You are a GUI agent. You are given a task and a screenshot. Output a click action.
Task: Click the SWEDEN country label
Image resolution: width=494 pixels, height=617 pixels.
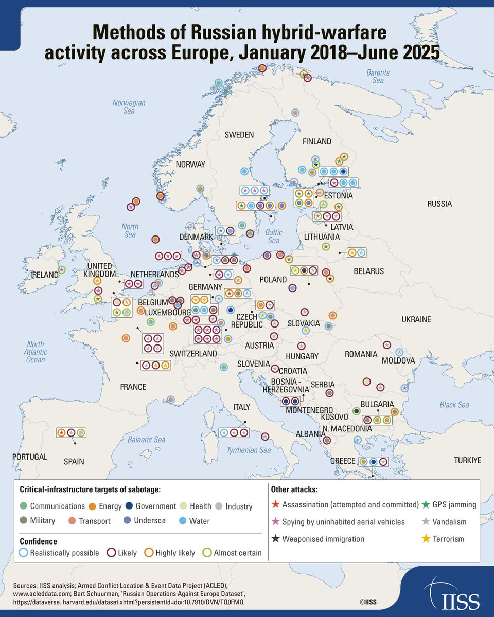tap(239, 135)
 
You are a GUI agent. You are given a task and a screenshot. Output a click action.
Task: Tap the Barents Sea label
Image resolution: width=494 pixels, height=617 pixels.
tap(378, 77)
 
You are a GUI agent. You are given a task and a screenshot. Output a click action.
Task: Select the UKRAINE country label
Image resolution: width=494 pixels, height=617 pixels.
tap(415, 319)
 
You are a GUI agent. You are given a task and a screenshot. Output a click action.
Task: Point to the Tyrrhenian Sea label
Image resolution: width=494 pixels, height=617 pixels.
tap(249, 450)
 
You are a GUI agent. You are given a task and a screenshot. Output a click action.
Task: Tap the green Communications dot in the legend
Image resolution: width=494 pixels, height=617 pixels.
tap(24, 506)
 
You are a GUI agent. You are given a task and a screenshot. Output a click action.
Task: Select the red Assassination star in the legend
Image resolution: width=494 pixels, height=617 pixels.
tap(275, 505)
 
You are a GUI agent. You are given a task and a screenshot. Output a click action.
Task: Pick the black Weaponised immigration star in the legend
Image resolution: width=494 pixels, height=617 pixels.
tap(275, 539)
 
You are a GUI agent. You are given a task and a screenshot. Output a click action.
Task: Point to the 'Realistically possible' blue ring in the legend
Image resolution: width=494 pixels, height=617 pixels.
tap(24, 553)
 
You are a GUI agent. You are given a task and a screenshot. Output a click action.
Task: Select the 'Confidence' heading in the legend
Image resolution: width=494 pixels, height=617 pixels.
tap(38, 541)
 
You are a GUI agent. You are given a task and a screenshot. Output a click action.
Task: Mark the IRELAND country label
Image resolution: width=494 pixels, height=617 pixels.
tap(44, 275)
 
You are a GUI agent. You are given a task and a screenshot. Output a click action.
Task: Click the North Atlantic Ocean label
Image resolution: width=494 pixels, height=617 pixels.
tap(36, 352)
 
